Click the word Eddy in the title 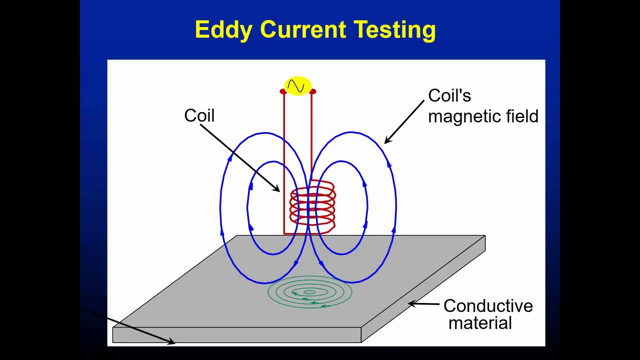click(223, 30)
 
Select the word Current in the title click(303, 30)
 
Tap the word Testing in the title click(395, 30)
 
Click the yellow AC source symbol click(297, 86)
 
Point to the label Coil click(199, 115)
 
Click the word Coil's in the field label click(449, 96)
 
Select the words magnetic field click(483, 116)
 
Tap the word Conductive click(488, 306)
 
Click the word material click(480, 323)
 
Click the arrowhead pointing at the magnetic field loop click(387, 140)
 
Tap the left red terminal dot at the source click(282, 91)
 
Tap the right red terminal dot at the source click(313, 91)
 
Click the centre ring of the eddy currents click(309, 292)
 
